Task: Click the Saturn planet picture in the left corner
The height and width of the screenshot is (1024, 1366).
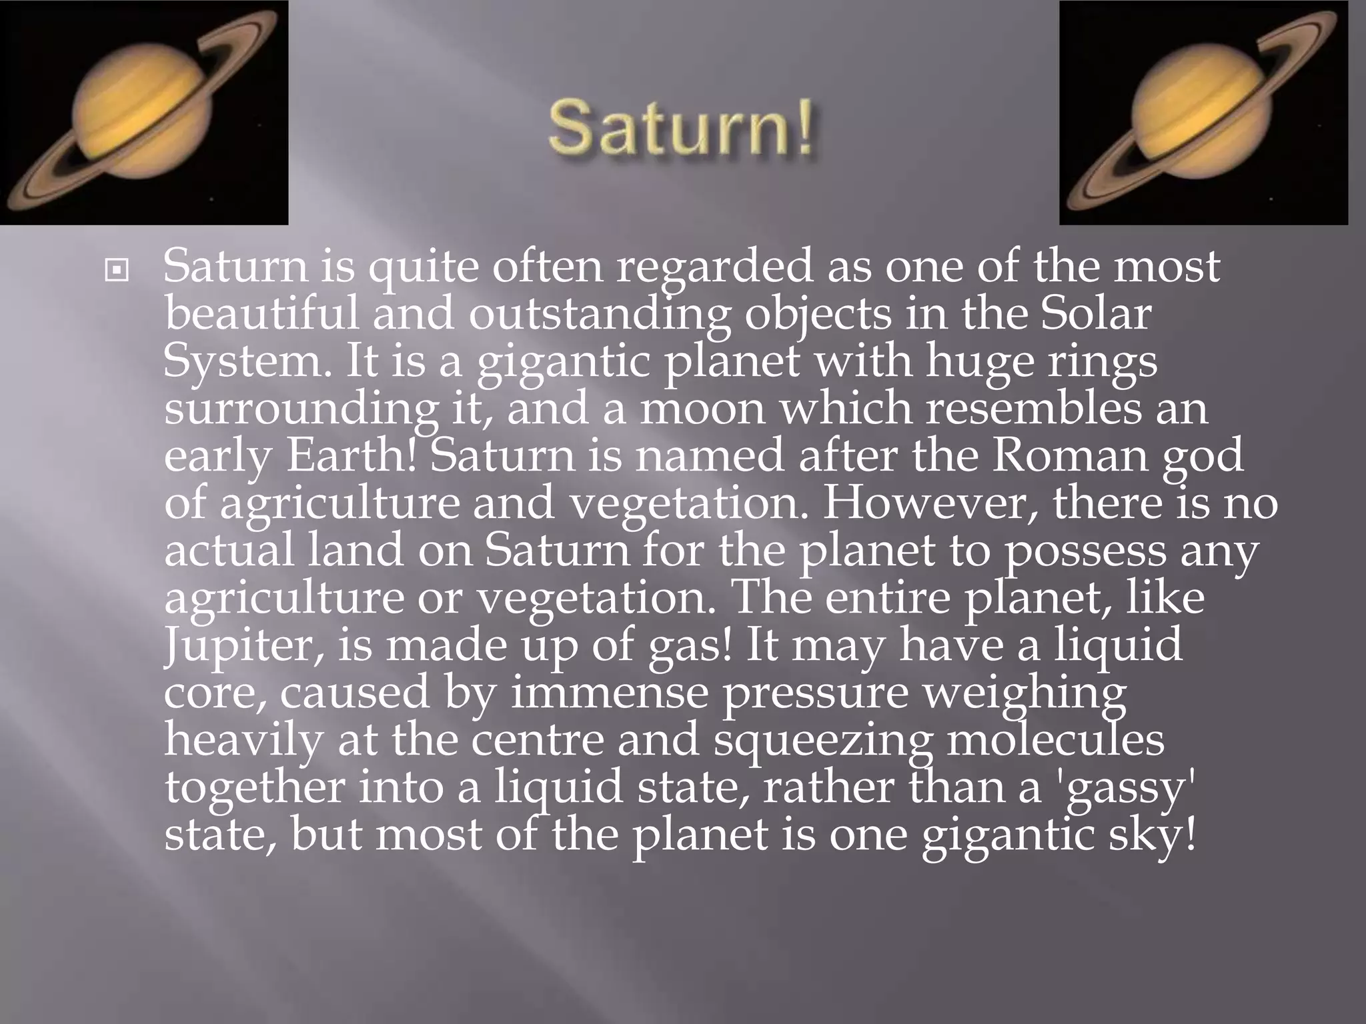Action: point(144,113)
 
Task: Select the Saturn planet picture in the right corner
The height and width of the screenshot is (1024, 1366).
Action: point(1203,113)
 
